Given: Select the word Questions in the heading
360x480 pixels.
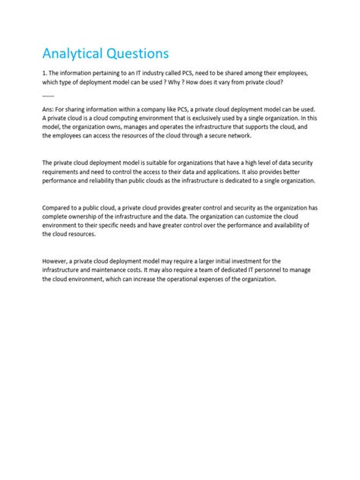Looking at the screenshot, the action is (x=135, y=54).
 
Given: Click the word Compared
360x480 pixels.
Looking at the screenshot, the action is (x=58, y=209).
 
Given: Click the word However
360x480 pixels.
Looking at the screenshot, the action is (x=58, y=261).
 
